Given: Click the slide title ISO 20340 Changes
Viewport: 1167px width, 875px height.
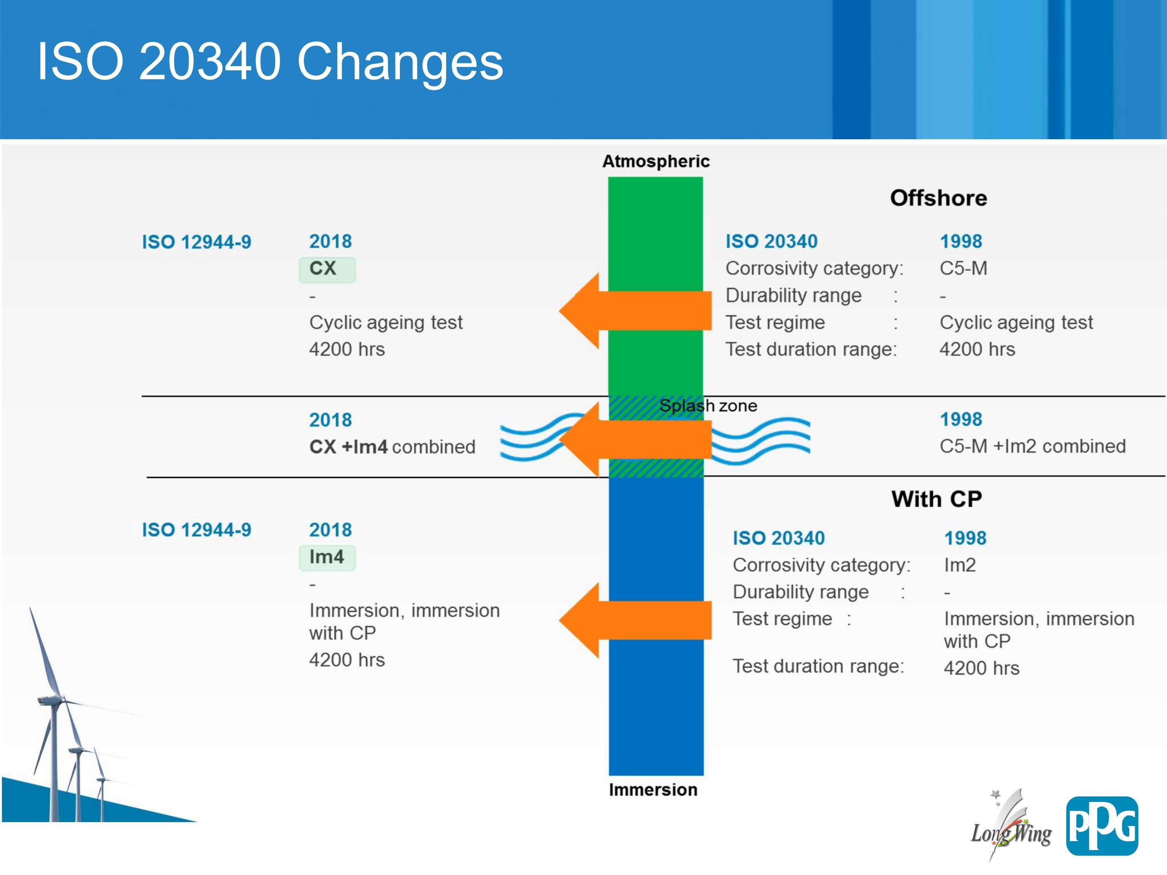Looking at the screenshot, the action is (270, 62).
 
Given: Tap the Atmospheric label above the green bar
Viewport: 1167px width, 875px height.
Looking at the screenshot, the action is (656, 161).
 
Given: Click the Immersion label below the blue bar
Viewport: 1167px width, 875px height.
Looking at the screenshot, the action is (653, 789).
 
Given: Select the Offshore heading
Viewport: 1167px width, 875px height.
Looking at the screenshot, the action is (939, 198).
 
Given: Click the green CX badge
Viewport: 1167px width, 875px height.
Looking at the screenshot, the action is (327, 269).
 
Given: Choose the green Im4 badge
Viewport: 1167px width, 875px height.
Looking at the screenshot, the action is (327, 558).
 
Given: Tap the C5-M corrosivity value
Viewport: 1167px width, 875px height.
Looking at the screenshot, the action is (963, 268).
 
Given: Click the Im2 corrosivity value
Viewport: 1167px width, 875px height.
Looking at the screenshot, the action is (960, 565).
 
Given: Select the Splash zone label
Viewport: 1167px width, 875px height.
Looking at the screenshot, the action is (708, 406).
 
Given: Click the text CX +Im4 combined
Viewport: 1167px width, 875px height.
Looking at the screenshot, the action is (392, 447).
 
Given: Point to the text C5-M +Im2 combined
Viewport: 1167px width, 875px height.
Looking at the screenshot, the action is (1032, 446).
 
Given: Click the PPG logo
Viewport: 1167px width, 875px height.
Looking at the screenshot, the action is (1102, 826).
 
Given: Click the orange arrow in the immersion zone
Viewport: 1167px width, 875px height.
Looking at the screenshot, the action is (635, 621).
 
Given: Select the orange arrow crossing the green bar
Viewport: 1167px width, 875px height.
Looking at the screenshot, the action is (635, 311).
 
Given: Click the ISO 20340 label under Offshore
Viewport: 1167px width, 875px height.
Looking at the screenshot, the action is (771, 241).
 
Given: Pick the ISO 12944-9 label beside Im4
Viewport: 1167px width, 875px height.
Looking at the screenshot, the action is (196, 530).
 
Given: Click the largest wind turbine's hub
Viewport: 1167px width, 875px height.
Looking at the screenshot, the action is (53, 700).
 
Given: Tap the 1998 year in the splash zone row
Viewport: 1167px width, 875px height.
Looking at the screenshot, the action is (961, 419).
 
